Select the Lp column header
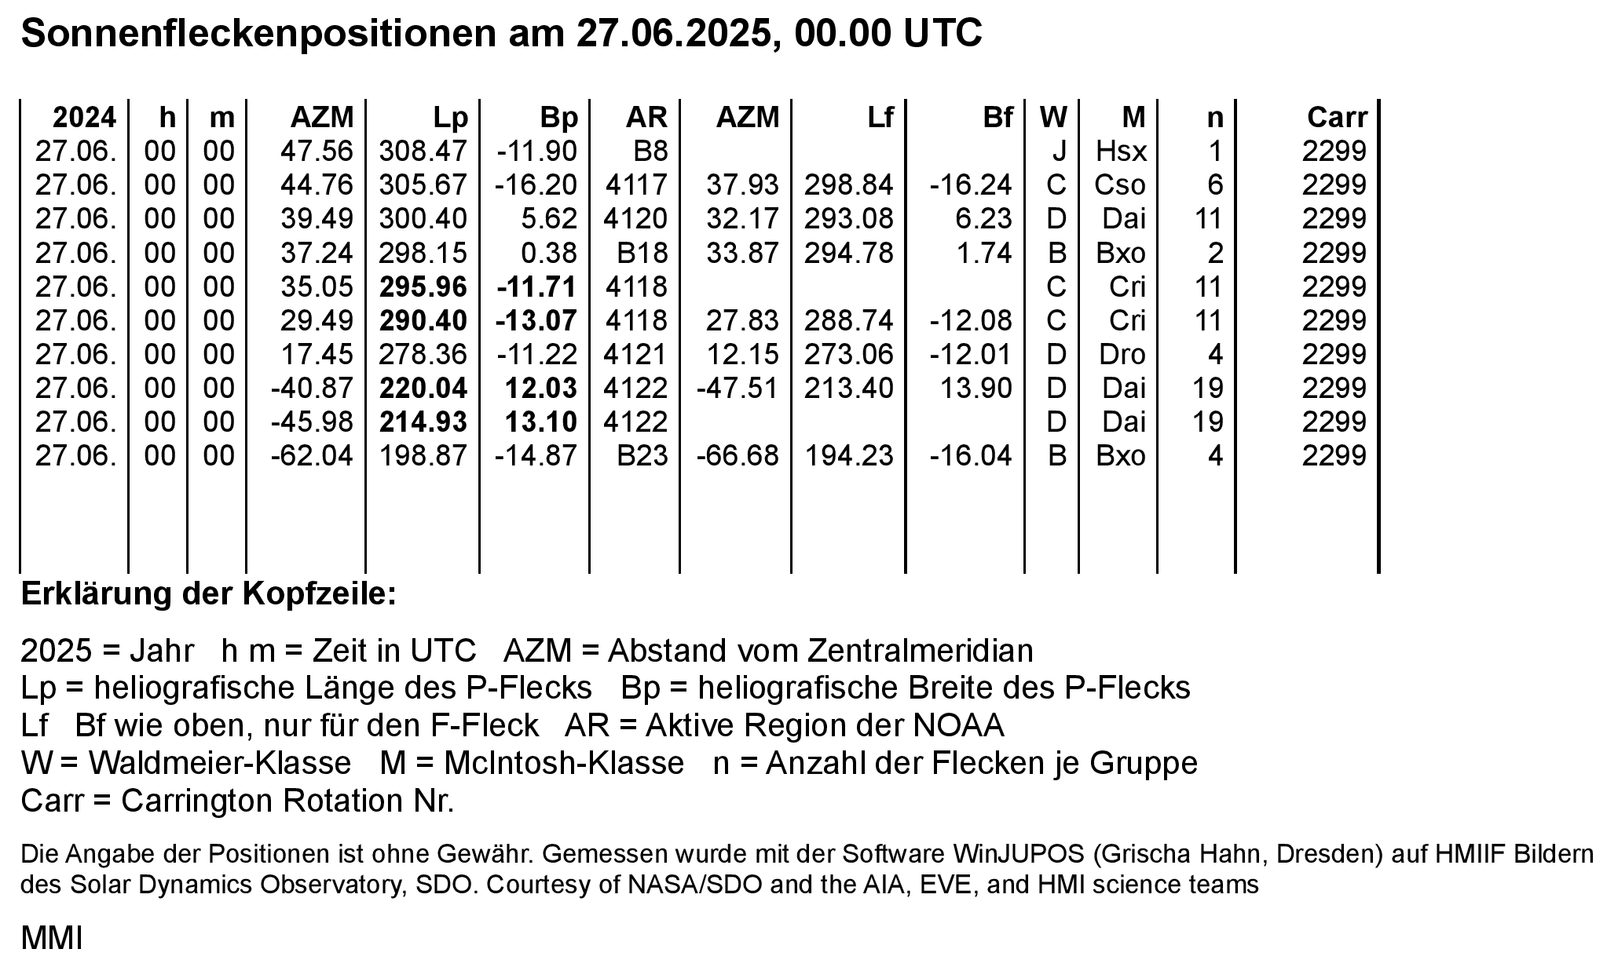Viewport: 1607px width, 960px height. click(x=451, y=118)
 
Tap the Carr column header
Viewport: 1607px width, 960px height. click(x=1337, y=118)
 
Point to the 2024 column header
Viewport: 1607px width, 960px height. click(x=84, y=118)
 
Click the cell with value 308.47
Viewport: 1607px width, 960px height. click(x=423, y=151)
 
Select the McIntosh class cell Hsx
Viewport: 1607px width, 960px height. click(x=1121, y=151)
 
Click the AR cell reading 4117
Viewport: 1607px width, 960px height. click(x=636, y=185)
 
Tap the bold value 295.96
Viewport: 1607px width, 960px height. click(x=423, y=287)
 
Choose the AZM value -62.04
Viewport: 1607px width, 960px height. click(x=312, y=456)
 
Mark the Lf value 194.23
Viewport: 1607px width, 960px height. click(x=849, y=456)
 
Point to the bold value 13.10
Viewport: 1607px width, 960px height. click(x=540, y=422)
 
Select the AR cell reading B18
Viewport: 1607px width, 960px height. click(x=642, y=253)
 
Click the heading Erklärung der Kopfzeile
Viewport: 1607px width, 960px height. click(x=209, y=594)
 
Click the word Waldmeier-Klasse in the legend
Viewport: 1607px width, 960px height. click(x=220, y=763)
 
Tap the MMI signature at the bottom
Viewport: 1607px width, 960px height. click(x=52, y=938)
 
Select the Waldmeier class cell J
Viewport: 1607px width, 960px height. click(x=1058, y=151)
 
